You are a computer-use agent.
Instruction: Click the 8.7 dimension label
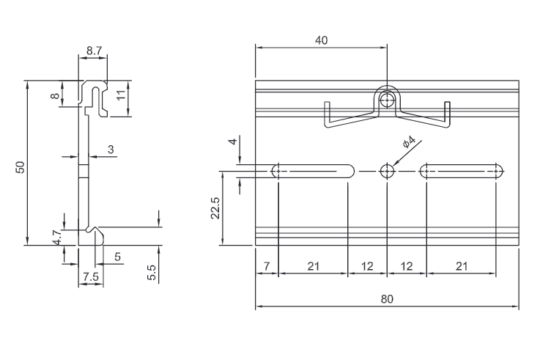94,51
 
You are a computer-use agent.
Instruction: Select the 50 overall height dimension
21,166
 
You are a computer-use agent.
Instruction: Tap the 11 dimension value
121,95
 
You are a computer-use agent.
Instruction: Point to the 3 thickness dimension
111,150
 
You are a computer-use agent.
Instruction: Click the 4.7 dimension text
58,237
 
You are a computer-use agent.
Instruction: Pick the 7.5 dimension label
91,276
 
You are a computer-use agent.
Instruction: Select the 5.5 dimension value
151,273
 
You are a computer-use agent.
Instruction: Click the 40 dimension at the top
321,40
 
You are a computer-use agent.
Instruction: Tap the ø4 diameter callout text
409,142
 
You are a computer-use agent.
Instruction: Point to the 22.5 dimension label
215,208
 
